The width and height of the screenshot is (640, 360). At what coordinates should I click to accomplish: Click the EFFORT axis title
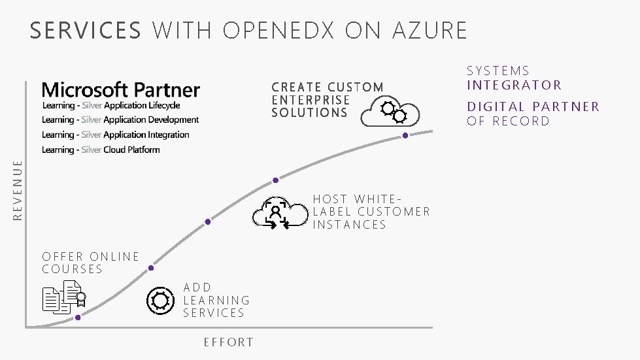[228, 342]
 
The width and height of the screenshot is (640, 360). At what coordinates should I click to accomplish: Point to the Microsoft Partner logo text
[121, 90]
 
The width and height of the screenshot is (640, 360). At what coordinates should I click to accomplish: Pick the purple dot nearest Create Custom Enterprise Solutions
[405, 135]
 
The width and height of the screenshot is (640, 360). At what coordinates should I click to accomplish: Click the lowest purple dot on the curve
[78, 318]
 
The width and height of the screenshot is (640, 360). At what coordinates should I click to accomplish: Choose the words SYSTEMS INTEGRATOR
[514, 78]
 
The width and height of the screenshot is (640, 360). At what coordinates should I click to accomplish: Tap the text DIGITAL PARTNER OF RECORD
[533, 114]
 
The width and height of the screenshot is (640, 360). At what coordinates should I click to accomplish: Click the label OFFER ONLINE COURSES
[90, 263]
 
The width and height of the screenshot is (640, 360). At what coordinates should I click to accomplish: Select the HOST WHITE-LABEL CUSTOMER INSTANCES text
[371, 212]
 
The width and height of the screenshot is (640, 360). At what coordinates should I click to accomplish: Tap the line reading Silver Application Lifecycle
[110, 105]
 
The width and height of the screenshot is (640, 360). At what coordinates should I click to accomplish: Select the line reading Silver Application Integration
[115, 135]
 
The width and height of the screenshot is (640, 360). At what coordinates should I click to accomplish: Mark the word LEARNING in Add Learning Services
[216, 300]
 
